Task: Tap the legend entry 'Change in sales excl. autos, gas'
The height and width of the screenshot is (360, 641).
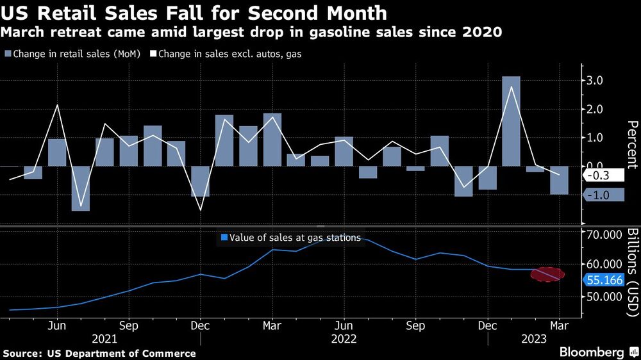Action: [x=226, y=54]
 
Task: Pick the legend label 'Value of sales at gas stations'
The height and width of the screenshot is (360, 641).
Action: [x=290, y=237]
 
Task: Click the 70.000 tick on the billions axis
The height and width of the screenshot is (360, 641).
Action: [x=605, y=234]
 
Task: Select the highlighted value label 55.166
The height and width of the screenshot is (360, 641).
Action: [x=606, y=280]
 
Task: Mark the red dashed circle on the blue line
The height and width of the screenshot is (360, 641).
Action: [x=549, y=274]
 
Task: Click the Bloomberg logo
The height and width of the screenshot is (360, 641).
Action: [x=592, y=352]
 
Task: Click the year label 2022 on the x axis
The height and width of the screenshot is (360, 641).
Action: [x=344, y=338]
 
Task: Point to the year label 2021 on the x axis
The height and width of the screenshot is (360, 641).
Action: [x=105, y=338]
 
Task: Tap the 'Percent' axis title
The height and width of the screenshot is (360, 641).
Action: [x=631, y=143]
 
